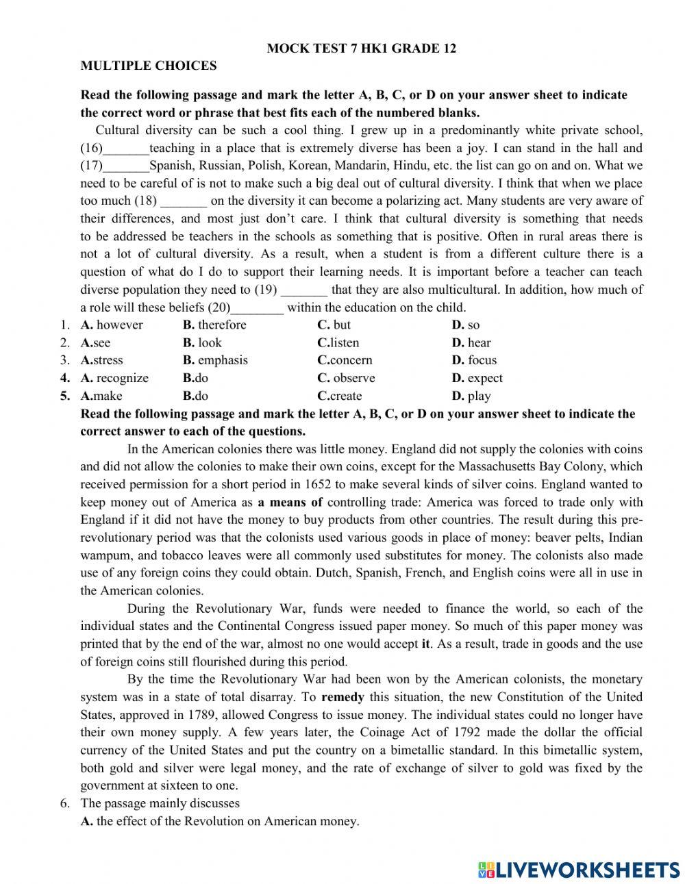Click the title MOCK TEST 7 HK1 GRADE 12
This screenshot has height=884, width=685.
(361, 48)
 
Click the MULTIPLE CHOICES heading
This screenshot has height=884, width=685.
(149, 66)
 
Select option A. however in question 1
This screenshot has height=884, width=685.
(112, 325)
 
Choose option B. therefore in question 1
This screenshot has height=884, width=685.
(214, 325)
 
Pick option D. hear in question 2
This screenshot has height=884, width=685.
(471, 342)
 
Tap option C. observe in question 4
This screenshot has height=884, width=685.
(346, 378)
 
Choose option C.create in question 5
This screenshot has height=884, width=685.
(340, 396)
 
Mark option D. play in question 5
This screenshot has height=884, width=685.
(471, 396)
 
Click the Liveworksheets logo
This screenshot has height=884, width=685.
(579, 869)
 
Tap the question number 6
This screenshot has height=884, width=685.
(64, 803)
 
